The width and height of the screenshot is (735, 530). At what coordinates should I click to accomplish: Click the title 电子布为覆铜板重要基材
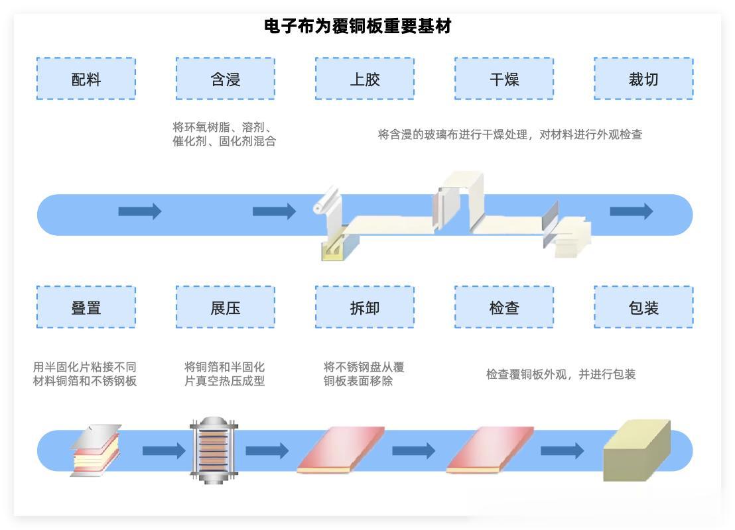(x=358, y=26)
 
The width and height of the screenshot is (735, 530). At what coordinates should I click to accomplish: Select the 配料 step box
(x=86, y=79)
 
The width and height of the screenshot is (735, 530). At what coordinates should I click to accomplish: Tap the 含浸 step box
(x=226, y=79)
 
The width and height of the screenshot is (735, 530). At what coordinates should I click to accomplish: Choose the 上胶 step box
(x=365, y=79)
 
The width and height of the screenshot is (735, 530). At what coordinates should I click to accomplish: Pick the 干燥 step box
(x=504, y=79)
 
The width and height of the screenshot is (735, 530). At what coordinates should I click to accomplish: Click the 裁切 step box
(x=643, y=79)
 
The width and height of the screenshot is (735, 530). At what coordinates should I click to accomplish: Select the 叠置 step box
(x=86, y=307)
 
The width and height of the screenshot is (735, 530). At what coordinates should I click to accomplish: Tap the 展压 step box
(x=226, y=307)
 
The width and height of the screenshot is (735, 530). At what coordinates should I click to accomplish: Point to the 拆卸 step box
(x=365, y=307)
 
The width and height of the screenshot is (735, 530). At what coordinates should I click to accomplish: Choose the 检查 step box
(x=504, y=307)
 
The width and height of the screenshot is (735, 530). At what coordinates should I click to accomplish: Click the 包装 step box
(x=643, y=307)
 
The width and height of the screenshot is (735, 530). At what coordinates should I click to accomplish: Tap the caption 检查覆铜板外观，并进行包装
(x=561, y=374)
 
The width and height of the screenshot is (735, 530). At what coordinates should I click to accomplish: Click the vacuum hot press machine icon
(x=214, y=450)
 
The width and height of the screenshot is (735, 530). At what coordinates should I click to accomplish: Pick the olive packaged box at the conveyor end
(x=635, y=450)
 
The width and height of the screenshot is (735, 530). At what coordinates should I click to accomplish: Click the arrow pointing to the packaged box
(x=562, y=451)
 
